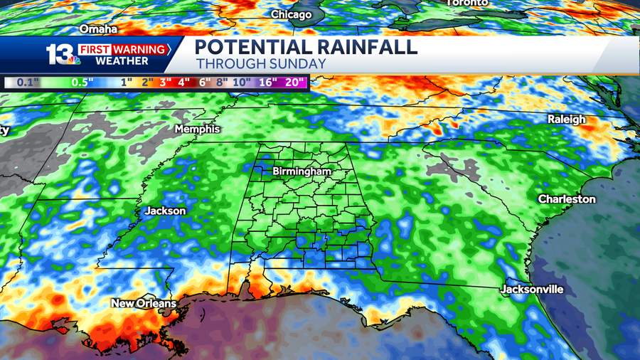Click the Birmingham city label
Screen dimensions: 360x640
click(302, 171)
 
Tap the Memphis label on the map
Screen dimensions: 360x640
click(197, 129)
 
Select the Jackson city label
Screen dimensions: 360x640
click(165, 211)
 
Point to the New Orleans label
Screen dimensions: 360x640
click(143, 304)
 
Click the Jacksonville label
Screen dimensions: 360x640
click(532, 290)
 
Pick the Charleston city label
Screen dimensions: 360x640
click(566, 199)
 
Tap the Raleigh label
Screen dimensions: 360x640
click(566, 120)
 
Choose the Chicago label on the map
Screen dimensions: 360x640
click(292, 14)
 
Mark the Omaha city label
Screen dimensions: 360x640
click(98, 29)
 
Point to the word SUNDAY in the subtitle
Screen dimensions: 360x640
click(299, 64)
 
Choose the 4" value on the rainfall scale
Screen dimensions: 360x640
click(184, 82)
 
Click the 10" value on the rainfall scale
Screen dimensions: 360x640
click(242, 82)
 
